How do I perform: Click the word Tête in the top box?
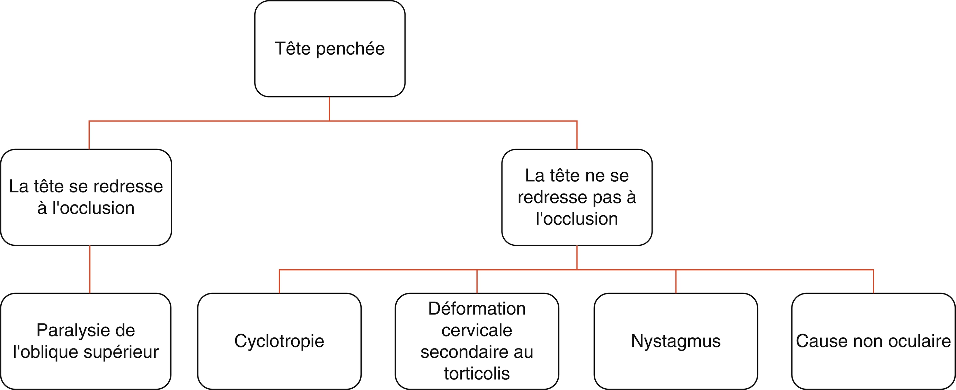pos(293,48)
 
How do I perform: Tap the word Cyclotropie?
pos(279,342)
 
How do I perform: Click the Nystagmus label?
pos(676,342)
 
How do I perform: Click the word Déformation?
pos(477,309)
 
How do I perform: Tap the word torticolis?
pos(477,373)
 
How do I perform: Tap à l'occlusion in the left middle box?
pos(86,208)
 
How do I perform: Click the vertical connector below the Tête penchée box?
pos(329,109)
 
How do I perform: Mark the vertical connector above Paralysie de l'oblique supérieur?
pos(90,270)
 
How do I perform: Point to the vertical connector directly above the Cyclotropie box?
pos(279,282)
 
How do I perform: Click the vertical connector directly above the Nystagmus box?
pos(676,282)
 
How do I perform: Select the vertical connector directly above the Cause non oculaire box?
pos(873,282)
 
